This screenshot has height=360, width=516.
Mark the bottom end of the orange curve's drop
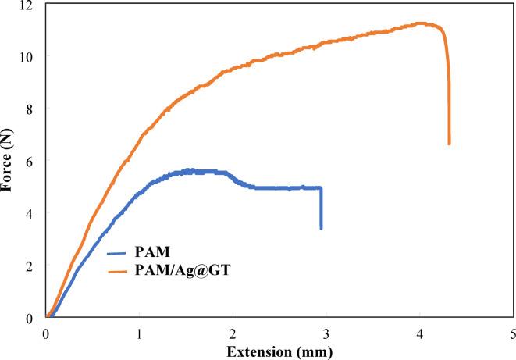[449, 144]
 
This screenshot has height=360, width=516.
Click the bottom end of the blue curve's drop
[321, 228]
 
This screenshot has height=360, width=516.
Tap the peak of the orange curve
[420, 23]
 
